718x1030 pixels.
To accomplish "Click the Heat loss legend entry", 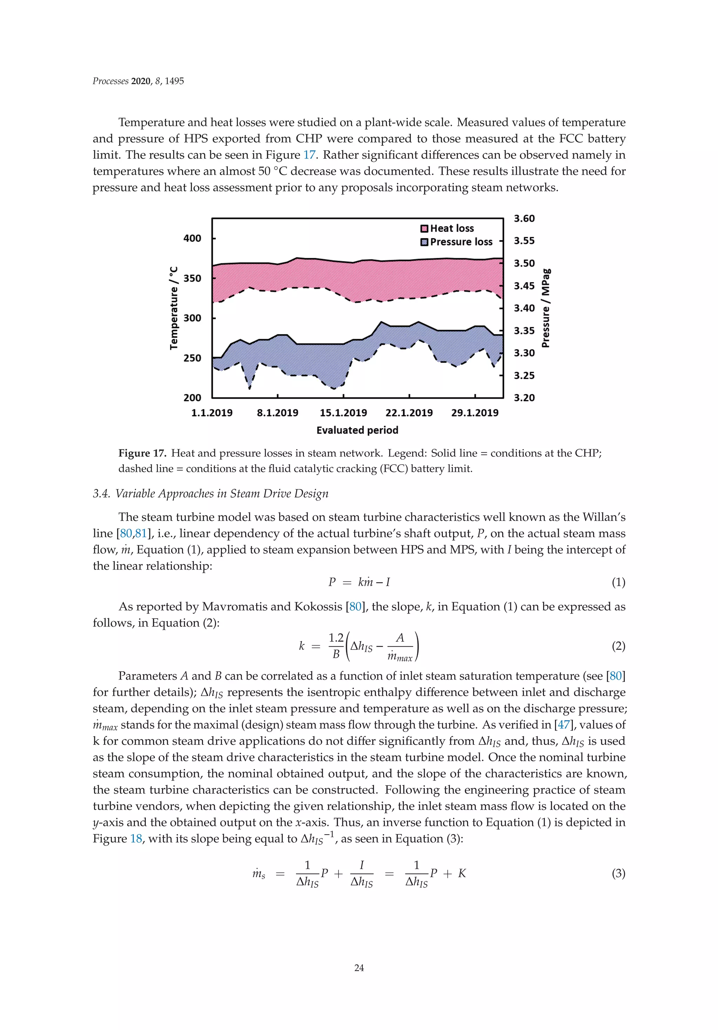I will point(451,228).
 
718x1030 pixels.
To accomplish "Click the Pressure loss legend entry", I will point(461,242).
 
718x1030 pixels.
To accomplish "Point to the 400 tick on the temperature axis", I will point(192,239).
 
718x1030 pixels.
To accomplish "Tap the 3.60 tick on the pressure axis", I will point(524,219).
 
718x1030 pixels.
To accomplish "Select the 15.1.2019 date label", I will point(343,413).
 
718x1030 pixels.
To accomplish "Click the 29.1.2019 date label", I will point(475,413).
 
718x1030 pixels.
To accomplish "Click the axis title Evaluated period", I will point(357,430).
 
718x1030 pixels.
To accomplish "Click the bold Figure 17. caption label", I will point(142,453).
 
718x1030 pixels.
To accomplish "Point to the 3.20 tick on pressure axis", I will point(524,398).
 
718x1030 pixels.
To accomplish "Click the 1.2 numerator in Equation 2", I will point(336,638).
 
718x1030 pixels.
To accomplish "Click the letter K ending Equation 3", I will point(462,873).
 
